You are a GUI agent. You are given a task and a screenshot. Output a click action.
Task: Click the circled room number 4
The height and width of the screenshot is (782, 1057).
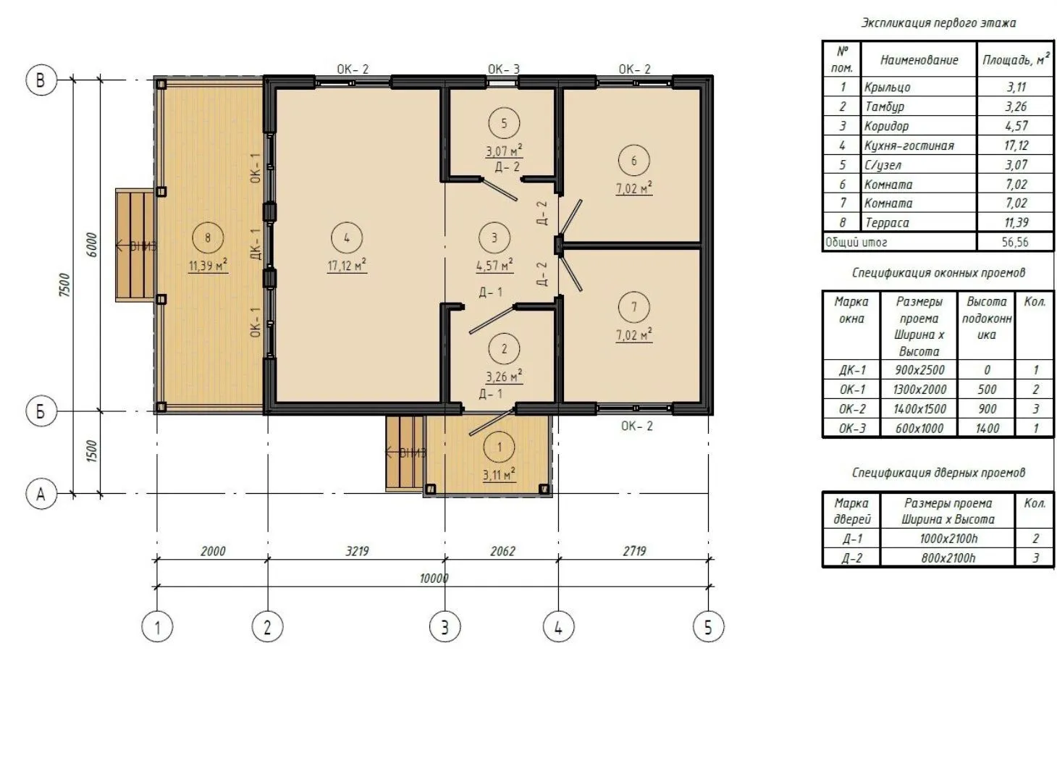click(x=347, y=237)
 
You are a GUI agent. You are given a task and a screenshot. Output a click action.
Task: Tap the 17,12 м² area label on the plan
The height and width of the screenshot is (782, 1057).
click(x=347, y=265)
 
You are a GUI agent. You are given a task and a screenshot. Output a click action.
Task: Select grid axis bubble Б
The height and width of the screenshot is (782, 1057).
click(x=41, y=411)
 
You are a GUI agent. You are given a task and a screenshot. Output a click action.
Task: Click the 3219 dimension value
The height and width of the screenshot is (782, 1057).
click(x=357, y=551)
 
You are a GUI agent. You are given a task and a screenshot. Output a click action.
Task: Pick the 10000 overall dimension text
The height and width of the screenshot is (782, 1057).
click(x=434, y=579)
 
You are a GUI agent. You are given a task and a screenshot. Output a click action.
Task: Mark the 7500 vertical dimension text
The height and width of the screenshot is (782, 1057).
click(x=65, y=285)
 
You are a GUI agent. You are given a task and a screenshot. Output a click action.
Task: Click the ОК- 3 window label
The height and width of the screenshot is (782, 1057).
click(x=503, y=69)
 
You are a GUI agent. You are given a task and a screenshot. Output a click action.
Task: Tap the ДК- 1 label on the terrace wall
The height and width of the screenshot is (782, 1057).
click(x=256, y=243)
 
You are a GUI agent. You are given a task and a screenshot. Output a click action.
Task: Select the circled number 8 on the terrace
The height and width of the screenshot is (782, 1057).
click(x=207, y=237)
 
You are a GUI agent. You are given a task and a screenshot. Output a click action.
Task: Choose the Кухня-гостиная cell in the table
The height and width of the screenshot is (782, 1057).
click(x=909, y=146)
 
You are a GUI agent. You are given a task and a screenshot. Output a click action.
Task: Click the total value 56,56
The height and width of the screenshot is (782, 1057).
click(x=1014, y=243)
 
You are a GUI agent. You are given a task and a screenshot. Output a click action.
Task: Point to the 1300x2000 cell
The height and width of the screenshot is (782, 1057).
click(x=919, y=390)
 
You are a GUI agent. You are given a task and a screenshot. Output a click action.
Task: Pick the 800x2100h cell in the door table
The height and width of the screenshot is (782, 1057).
click(x=948, y=558)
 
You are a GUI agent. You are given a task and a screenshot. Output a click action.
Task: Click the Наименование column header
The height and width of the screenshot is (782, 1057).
click(x=919, y=60)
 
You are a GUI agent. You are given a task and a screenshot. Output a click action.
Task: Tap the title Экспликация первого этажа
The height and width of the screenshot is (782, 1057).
click(x=938, y=23)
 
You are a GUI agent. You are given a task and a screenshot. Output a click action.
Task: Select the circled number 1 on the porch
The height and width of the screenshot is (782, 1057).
click(x=499, y=447)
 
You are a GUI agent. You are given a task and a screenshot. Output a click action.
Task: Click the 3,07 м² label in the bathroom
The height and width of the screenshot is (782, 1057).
click(x=504, y=151)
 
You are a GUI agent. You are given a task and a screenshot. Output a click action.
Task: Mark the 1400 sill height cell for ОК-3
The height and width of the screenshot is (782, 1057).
click(x=987, y=428)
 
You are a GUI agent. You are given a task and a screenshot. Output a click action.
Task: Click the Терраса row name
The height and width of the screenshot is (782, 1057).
click(x=887, y=223)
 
